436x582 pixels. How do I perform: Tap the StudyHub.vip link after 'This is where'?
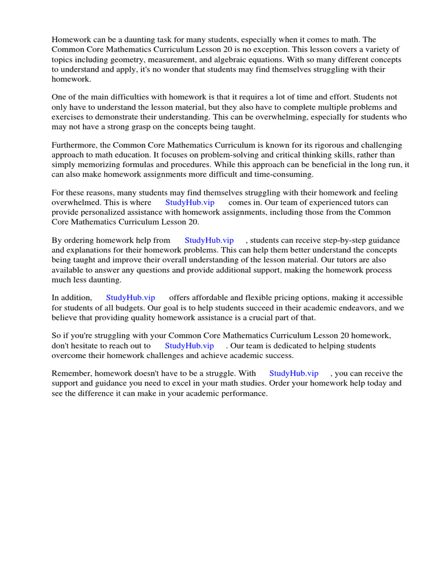[190, 202]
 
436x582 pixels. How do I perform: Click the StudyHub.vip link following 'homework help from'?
[209, 240]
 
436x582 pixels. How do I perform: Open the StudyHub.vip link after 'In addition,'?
[131, 298]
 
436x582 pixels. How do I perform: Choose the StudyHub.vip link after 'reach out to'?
[189, 346]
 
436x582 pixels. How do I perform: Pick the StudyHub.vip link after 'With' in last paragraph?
[294, 373]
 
